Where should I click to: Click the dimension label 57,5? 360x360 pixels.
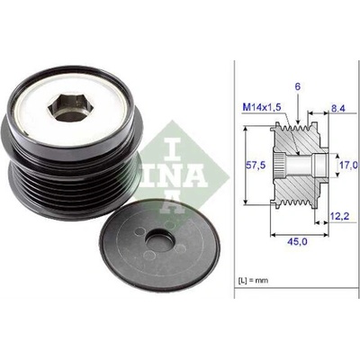(256, 165)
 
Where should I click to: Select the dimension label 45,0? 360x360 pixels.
(297, 241)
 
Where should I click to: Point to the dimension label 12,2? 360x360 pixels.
(340, 216)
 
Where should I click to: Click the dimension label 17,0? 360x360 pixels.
(349, 165)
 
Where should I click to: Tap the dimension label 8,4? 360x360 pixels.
(337, 108)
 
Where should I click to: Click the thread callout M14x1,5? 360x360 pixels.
(262, 107)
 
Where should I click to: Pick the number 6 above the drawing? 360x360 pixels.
(298, 87)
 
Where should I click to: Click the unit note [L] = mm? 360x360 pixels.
(254, 280)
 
